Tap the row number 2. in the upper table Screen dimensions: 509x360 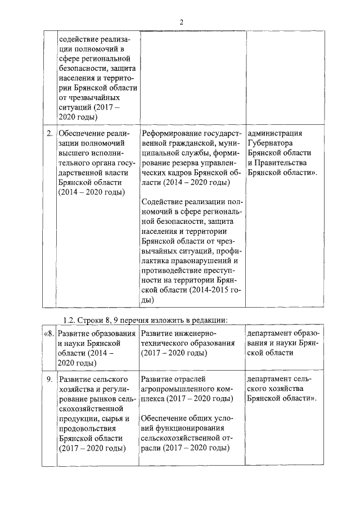pyautogui.click(x=49, y=133)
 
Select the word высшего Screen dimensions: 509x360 pyautogui.click(x=73, y=153)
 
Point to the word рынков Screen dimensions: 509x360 pyautogui.click(x=103, y=399)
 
